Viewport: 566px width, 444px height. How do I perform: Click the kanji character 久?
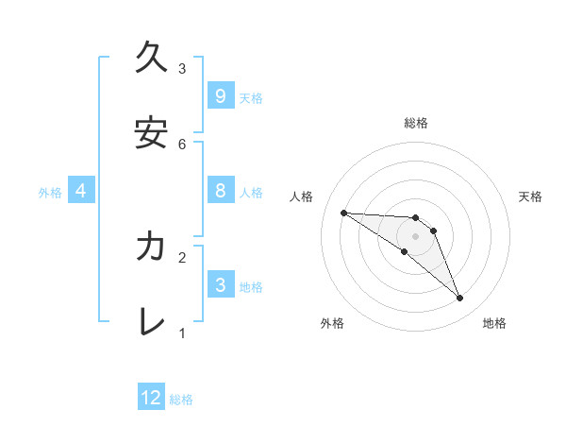click(x=151, y=59)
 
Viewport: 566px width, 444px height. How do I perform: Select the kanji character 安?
click(x=151, y=133)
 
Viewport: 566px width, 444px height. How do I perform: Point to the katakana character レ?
click(x=151, y=321)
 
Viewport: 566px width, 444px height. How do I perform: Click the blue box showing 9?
click(x=220, y=95)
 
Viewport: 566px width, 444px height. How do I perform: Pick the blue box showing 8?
click(x=220, y=191)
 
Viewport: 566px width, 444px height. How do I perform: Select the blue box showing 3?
click(x=220, y=284)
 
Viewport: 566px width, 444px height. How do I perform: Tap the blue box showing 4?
click(x=81, y=191)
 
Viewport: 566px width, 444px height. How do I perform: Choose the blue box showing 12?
click(x=151, y=398)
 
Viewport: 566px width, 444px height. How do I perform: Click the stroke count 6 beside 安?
click(x=182, y=144)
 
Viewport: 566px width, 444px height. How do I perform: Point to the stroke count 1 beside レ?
click(x=182, y=333)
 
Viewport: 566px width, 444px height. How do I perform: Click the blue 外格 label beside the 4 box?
click(x=50, y=192)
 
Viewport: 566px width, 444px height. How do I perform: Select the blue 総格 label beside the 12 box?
click(x=181, y=399)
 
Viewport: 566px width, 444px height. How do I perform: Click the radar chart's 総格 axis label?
click(x=416, y=123)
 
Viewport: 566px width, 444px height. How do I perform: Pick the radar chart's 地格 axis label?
click(x=494, y=323)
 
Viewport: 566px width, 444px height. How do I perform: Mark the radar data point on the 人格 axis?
click(x=343, y=213)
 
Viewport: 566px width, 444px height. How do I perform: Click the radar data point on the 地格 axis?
click(x=459, y=299)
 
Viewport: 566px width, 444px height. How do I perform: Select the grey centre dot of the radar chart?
click(x=415, y=235)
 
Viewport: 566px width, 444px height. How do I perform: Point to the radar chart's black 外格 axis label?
click(x=332, y=323)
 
